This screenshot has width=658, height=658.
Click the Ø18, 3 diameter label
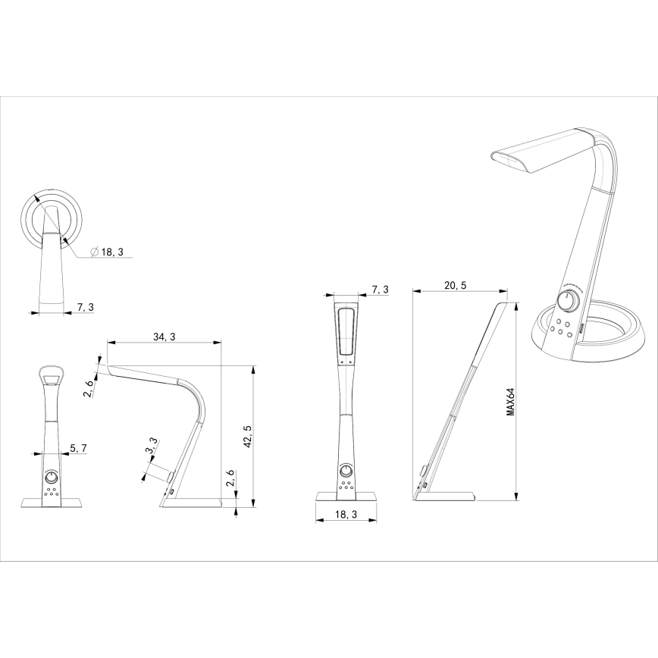108,252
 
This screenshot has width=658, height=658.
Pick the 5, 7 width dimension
78,449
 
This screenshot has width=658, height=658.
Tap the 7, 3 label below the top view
86,307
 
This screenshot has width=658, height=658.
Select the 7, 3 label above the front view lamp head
380,290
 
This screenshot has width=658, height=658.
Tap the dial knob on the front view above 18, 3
346,472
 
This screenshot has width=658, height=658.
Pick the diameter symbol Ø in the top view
94,252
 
